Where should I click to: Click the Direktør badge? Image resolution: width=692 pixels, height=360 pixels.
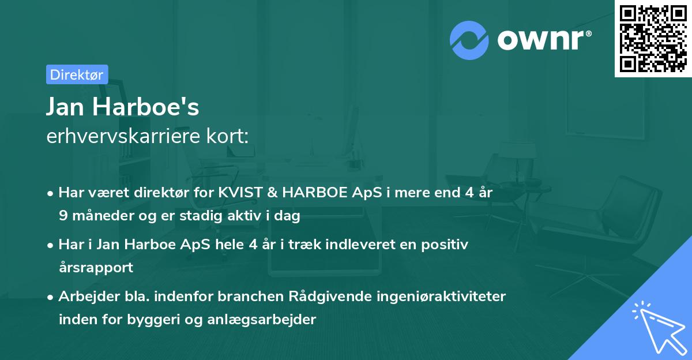(77, 74)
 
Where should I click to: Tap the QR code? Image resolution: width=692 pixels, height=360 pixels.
(653, 38)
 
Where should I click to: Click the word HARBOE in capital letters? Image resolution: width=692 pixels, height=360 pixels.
(313, 193)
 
